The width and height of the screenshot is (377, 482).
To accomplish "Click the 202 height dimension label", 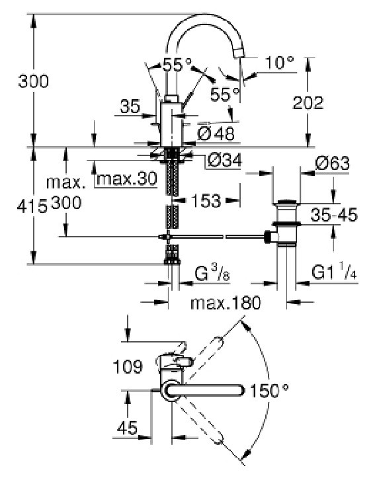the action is (308, 103).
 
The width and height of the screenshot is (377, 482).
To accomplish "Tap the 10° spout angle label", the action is (279, 63).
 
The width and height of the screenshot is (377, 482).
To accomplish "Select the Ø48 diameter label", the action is (216, 134).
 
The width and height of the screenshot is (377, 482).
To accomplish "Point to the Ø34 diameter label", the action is (224, 160).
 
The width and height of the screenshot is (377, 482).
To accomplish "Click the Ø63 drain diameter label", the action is (333, 163).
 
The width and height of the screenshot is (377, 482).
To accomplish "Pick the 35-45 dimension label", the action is (334, 215).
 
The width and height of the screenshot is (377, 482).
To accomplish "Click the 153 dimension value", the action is (206, 201).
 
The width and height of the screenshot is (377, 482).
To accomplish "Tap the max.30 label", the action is (127, 179).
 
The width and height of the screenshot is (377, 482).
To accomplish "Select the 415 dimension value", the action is (32, 206).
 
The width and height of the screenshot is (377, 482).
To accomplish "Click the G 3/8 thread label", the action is (212, 273).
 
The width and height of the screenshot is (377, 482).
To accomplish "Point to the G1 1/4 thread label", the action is (334, 271).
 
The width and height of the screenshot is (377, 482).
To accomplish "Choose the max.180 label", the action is (226, 303).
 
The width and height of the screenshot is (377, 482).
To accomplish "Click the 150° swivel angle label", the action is (269, 391).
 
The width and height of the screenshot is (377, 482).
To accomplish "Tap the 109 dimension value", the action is (128, 367).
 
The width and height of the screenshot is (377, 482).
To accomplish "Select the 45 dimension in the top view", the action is (128, 428).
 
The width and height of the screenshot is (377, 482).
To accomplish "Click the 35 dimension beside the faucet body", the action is (130, 106).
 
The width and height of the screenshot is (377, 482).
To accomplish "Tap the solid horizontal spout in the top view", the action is (206, 390).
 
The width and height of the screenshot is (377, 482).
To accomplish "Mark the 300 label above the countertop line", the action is (33, 81).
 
